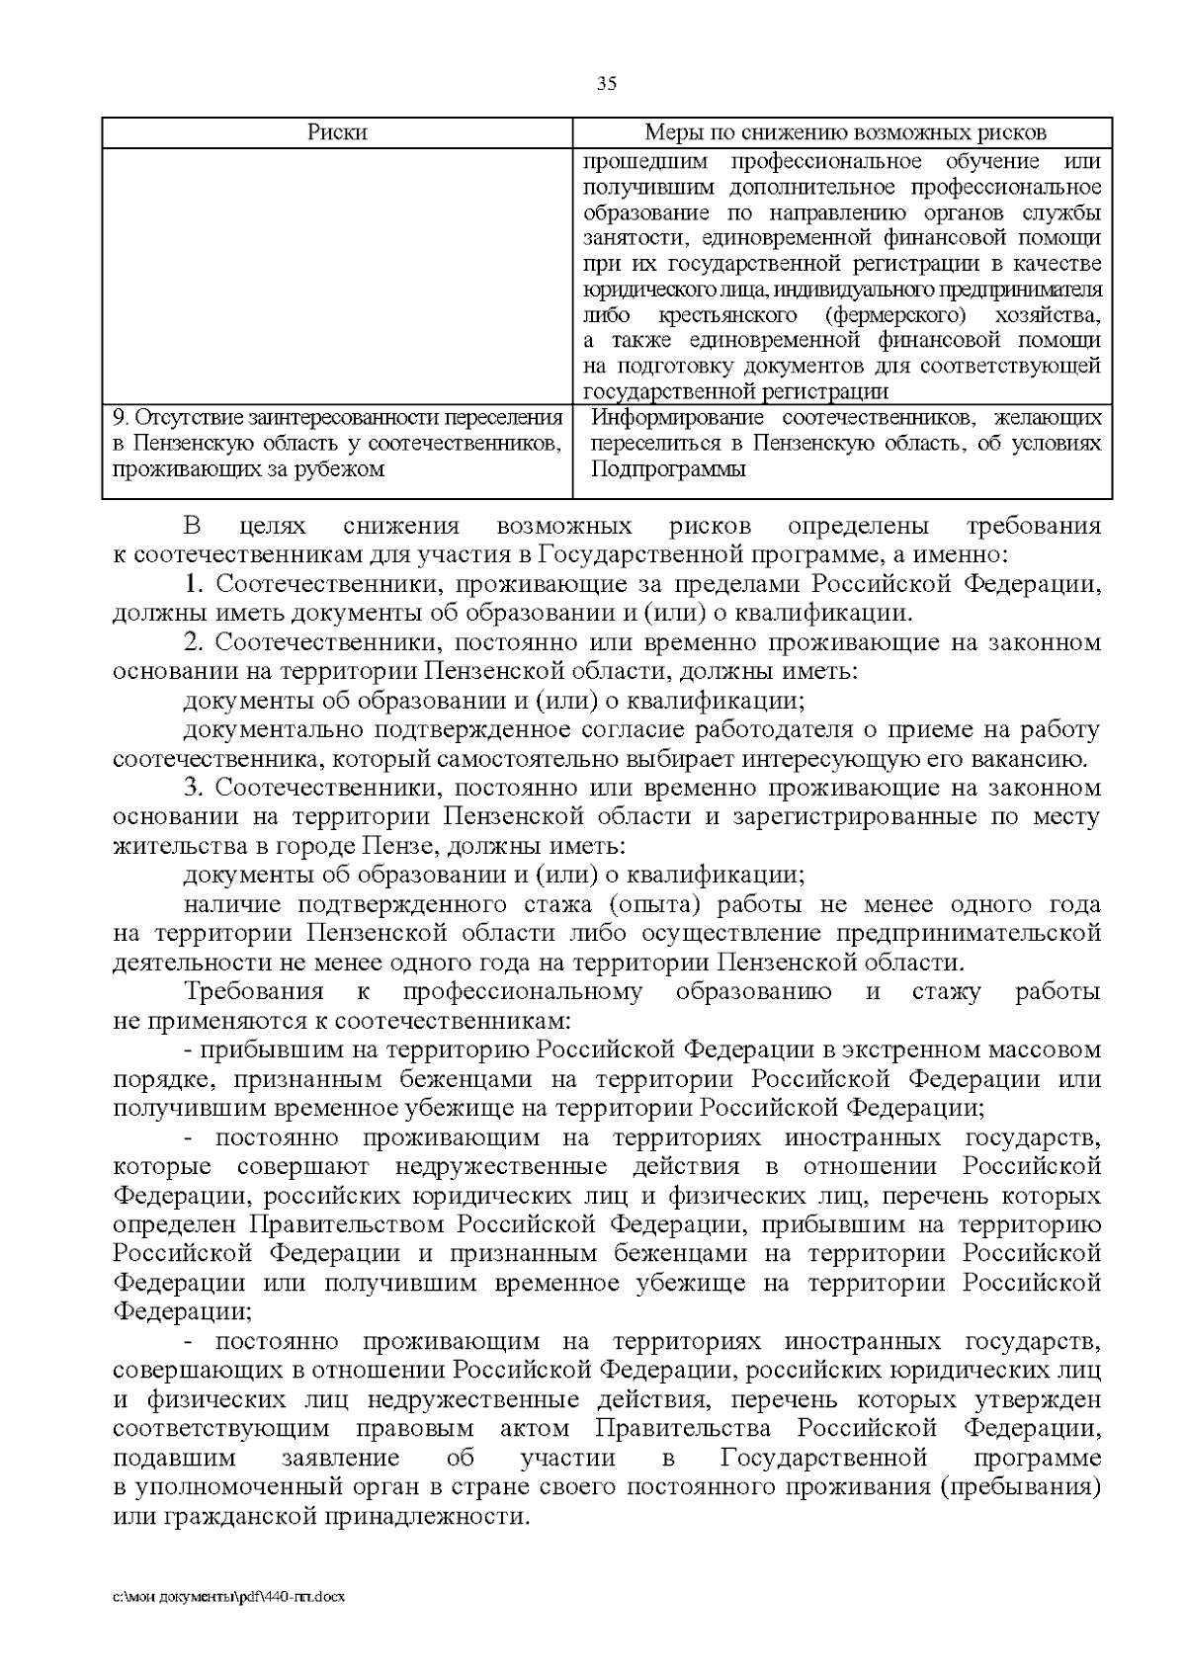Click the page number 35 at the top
pos(607,84)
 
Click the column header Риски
pos(337,132)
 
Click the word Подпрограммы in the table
pos(668,469)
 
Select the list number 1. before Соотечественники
pos(195,584)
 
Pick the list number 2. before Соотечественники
pos(195,642)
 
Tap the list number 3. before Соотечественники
pos(195,788)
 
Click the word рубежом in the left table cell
pos(341,469)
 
